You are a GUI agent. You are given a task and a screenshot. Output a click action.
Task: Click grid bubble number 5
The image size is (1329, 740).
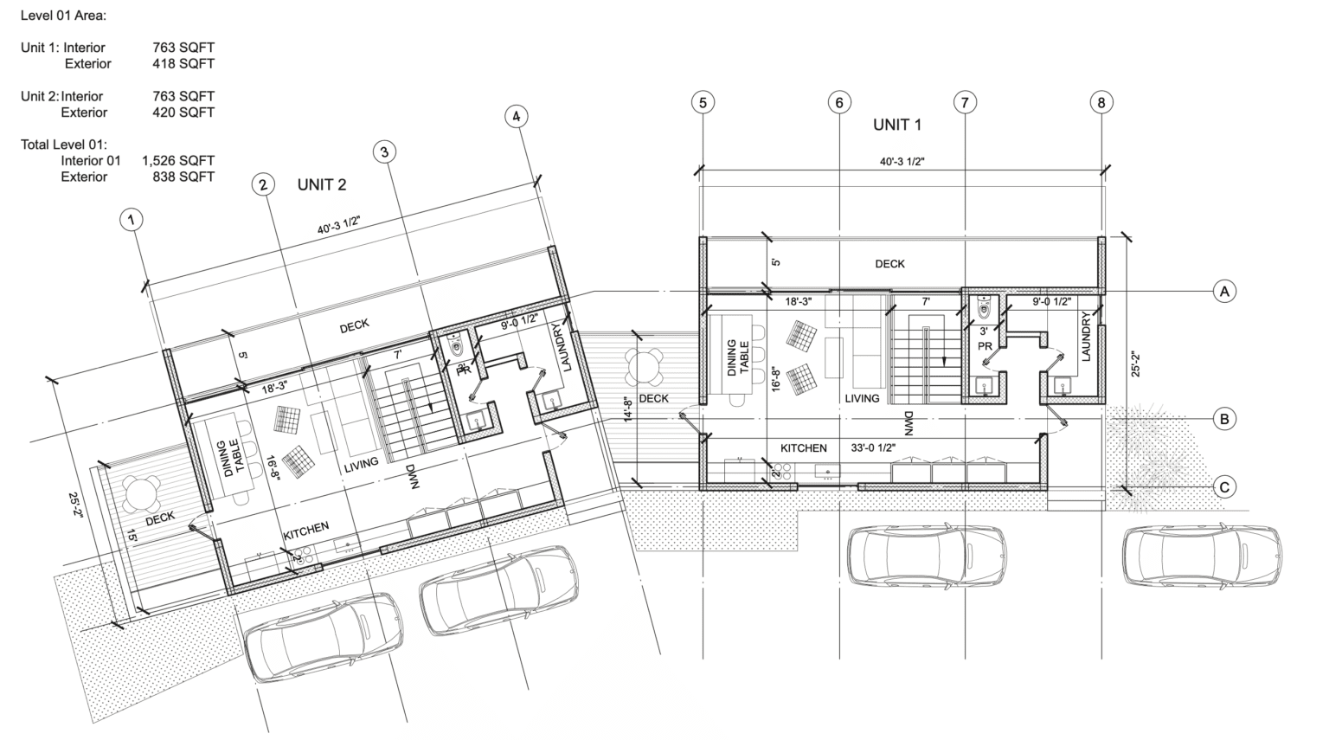703,103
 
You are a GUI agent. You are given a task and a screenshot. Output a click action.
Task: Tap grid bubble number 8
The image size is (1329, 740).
1101,103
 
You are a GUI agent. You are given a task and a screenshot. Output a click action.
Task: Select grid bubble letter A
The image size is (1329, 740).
1224,292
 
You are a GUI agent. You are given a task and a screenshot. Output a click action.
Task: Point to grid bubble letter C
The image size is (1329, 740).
1224,488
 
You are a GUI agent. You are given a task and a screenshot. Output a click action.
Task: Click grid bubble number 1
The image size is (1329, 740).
132,220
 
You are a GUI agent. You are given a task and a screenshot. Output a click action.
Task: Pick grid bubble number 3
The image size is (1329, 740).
384,152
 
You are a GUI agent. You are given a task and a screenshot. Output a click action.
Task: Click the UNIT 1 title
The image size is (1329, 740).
897,125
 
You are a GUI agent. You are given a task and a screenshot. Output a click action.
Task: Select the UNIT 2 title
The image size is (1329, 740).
322,184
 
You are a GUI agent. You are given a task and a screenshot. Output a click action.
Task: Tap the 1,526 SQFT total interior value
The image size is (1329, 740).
178,160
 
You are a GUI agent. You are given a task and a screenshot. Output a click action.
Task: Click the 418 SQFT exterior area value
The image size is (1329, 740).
183,63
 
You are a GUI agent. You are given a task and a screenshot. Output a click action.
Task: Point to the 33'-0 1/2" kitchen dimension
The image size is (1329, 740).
873,448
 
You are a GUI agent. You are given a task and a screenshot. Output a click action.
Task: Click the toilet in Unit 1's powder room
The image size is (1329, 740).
985,306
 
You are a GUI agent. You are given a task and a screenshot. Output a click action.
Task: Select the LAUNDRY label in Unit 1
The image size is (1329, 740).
1087,337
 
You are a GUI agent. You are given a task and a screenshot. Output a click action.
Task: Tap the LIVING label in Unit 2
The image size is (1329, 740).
362,464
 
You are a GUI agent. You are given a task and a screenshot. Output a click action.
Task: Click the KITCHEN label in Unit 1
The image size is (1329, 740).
803,448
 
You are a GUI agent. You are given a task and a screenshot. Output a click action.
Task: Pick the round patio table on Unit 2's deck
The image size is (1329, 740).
141,493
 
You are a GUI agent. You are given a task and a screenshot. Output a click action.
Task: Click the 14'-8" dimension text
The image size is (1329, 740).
628,409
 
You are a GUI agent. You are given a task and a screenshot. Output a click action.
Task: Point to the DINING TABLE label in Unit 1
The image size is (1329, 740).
737,357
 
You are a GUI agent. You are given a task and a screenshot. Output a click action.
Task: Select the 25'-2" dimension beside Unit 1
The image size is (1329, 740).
1135,364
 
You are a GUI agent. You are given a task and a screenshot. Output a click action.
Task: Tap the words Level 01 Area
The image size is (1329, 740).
63,16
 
